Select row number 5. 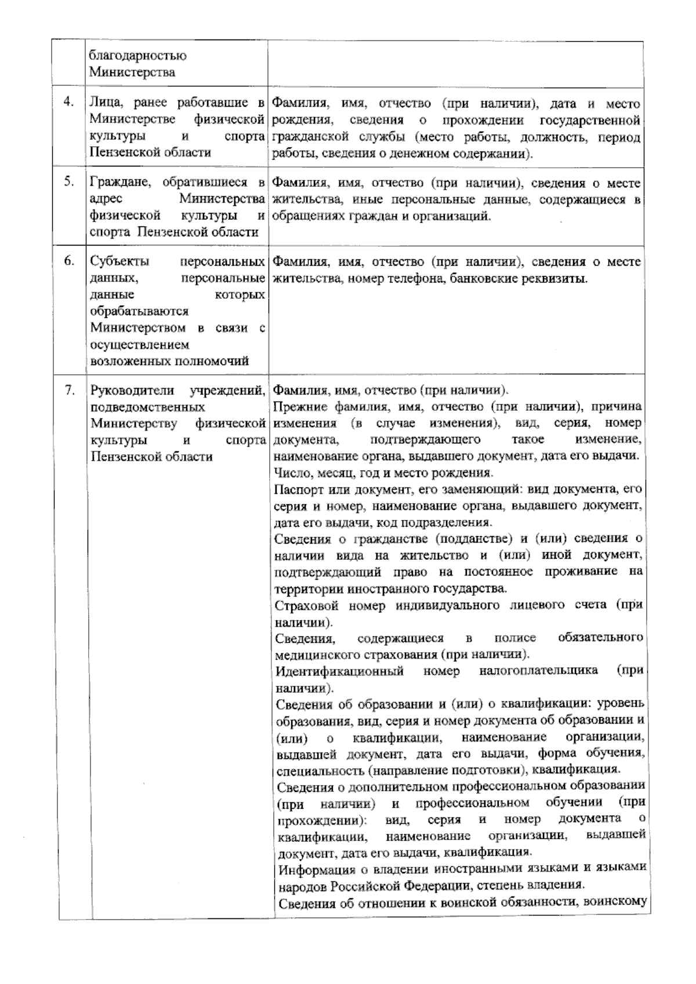coord(69,181)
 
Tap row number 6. coord(69,261)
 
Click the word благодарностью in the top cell coord(137,57)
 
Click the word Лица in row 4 coord(105,103)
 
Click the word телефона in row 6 coord(413,278)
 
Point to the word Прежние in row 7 coord(298,406)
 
